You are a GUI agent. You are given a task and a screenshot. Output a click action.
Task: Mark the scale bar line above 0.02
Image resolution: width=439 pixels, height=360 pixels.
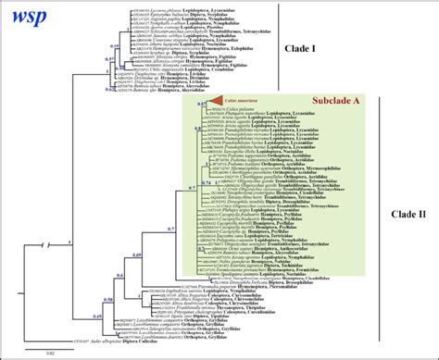coord(51,346)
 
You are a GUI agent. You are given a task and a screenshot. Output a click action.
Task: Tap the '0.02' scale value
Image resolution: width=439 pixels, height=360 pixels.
coord(51,353)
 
